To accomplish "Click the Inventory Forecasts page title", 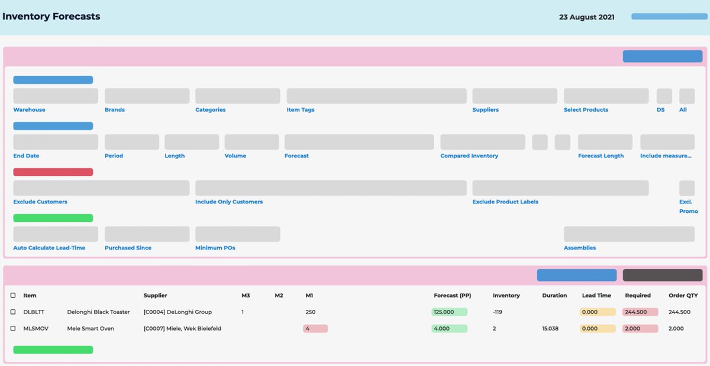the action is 51,17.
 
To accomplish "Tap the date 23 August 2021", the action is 586,17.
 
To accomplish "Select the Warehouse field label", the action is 29,109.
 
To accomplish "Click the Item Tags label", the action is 301,109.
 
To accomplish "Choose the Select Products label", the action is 586,109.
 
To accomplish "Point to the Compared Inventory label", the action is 469,156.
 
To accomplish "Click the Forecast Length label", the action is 601,156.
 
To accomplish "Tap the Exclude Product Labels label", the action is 505,202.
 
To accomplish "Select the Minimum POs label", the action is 215,248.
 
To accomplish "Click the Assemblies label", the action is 580,248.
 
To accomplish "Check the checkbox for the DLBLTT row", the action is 13,312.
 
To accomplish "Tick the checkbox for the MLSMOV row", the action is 13,328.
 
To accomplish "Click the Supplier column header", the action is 155,295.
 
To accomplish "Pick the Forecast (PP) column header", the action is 452,295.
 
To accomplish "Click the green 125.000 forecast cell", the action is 449,312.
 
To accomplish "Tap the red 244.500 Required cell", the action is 640,312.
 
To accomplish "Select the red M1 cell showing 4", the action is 315,329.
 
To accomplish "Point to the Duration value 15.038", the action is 550,329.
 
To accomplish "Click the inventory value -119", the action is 498,312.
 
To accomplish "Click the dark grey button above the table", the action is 663,275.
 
